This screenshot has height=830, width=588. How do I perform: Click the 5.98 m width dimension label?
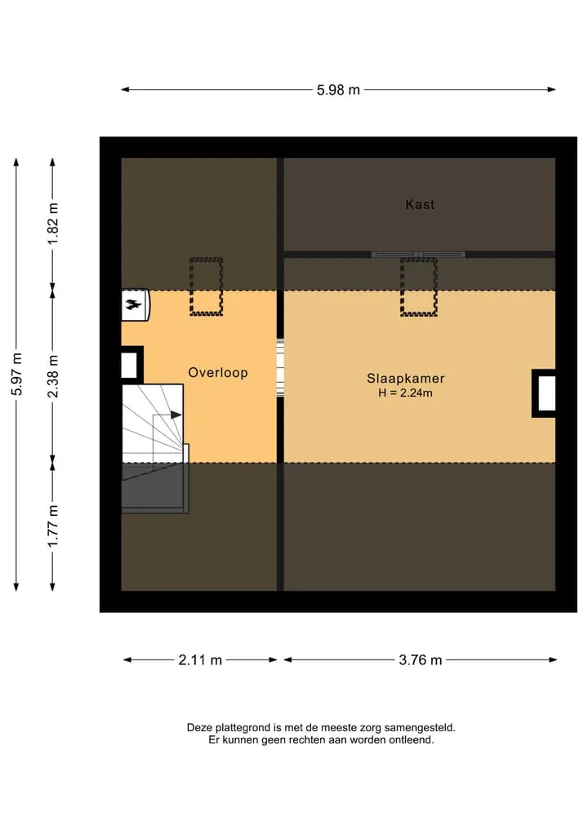pyautogui.click(x=338, y=90)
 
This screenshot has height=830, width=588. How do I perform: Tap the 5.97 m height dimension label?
pyautogui.click(x=17, y=374)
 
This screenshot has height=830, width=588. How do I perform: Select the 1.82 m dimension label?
pyautogui.click(x=53, y=224)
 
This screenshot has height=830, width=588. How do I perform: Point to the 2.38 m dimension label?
pyautogui.click(x=53, y=376)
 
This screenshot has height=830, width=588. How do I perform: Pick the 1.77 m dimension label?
pyautogui.click(x=53, y=526)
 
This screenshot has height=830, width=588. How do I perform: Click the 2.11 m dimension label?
pyautogui.click(x=200, y=660)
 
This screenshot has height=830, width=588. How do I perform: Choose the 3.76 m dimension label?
pyautogui.click(x=420, y=660)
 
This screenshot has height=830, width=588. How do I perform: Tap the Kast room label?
pyautogui.click(x=420, y=204)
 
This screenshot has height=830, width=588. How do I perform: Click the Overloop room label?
pyautogui.click(x=218, y=373)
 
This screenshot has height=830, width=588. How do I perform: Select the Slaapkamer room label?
pyautogui.click(x=405, y=379)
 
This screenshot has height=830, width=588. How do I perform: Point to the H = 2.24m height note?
pyautogui.click(x=405, y=393)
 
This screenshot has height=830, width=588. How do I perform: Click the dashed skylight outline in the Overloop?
pyautogui.click(x=206, y=286)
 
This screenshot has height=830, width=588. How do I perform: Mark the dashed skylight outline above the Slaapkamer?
pyautogui.click(x=418, y=286)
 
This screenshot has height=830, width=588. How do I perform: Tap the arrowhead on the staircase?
pyautogui.click(x=176, y=415)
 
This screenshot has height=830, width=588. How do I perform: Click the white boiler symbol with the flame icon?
pyautogui.click(x=136, y=305)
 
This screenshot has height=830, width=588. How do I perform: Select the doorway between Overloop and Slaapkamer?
pyautogui.click(x=280, y=368)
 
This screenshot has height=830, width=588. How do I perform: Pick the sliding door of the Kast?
pyautogui.click(x=418, y=255)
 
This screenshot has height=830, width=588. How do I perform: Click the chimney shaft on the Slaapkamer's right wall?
pyautogui.click(x=544, y=393)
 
